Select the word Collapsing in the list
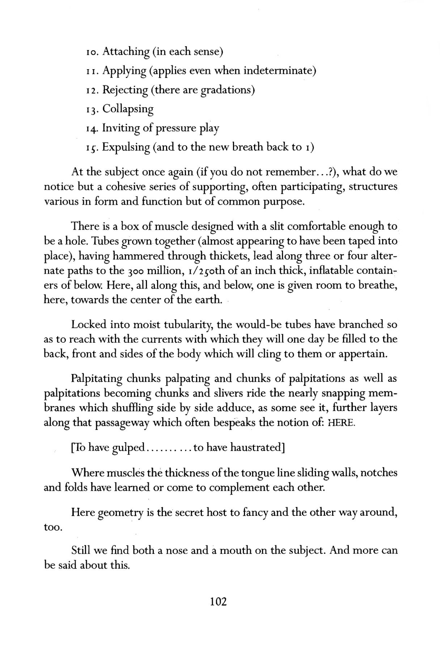click(128, 109)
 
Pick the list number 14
click(92, 128)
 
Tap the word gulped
click(128, 448)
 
